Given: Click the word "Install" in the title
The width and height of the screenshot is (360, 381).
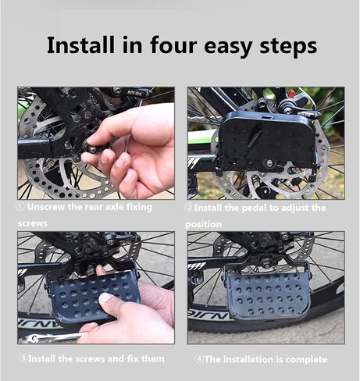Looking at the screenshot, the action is coord(80,45).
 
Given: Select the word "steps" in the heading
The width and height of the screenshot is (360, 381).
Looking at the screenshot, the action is coord(288,47).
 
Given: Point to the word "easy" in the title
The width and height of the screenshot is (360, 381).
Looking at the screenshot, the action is coord(227,48).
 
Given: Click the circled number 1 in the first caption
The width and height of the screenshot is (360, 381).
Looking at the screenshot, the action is coord(21,207).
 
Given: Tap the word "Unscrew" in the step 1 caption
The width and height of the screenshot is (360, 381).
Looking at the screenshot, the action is coord(46,207).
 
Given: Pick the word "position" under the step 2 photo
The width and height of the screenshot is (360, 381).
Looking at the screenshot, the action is coord(203,224).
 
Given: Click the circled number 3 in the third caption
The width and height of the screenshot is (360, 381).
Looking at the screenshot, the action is coord(23,358).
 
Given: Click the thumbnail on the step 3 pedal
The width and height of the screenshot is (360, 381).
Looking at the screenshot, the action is coord(106,297).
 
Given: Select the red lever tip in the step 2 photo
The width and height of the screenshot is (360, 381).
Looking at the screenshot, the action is coord(292,93).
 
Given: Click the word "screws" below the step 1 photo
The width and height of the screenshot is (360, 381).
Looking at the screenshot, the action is coord(33,223).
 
